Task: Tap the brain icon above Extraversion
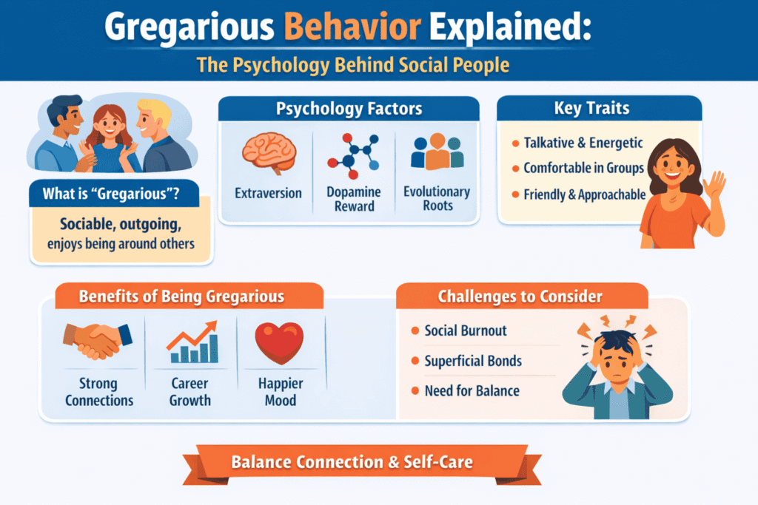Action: click(x=269, y=153)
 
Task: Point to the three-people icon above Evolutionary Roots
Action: click(x=437, y=152)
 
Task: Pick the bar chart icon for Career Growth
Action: click(x=191, y=342)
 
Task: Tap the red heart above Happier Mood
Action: click(x=279, y=342)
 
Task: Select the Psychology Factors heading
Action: click(x=349, y=109)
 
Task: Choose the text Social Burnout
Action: click(x=466, y=331)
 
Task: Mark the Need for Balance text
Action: click(x=472, y=390)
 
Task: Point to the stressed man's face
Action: click(x=610, y=362)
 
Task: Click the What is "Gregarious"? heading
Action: click(x=110, y=195)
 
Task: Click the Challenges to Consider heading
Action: click(x=520, y=297)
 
